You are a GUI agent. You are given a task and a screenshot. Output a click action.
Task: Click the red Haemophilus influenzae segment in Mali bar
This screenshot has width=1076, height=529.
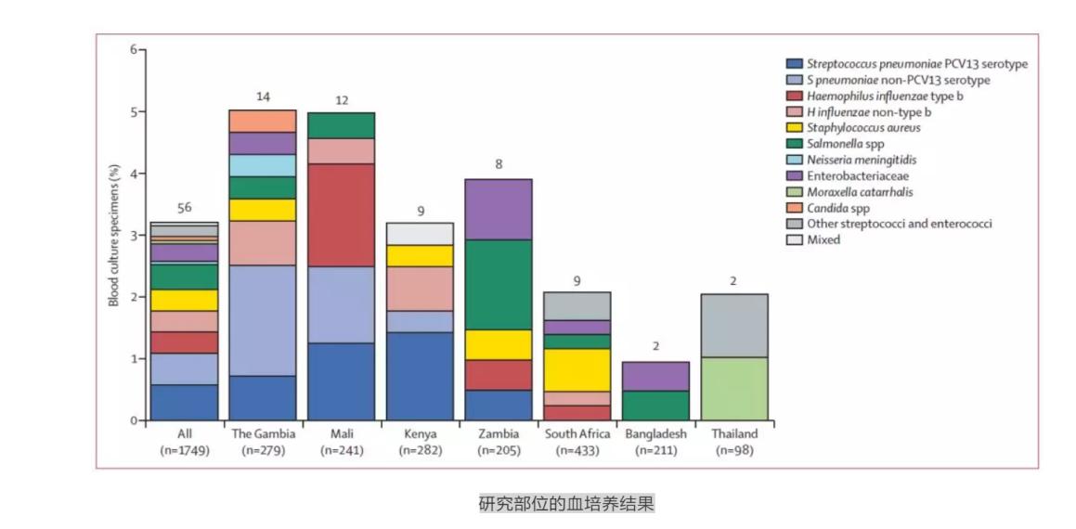tap(341, 214)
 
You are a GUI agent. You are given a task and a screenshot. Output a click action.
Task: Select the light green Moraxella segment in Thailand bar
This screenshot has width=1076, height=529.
tap(733, 388)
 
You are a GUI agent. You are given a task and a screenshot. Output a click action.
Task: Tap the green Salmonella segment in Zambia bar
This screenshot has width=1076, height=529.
tap(498, 284)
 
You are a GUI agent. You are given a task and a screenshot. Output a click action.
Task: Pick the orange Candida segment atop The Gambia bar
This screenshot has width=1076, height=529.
tap(262, 121)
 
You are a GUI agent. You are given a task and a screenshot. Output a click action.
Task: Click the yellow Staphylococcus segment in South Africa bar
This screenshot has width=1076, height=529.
tap(577, 369)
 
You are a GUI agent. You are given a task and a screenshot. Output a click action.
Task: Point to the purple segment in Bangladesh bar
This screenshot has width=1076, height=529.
tap(655, 376)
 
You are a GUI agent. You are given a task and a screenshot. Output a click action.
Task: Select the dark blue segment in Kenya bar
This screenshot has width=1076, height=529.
tap(420, 375)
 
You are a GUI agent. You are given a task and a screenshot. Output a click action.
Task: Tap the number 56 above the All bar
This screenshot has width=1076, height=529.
tap(184, 208)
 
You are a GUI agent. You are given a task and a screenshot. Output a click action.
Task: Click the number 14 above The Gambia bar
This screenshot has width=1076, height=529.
tap(262, 97)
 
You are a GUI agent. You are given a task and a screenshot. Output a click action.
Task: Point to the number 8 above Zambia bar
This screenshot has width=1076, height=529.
tap(498, 165)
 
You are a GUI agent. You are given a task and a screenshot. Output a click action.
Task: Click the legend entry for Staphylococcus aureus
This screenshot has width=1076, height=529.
tap(863, 128)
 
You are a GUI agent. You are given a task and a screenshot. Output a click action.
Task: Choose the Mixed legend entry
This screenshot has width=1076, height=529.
tap(823, 239)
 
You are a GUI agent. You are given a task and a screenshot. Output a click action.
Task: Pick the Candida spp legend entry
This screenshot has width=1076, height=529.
tap(843, 208)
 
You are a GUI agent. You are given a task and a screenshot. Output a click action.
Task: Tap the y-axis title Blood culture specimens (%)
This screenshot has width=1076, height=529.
tap(113, 234)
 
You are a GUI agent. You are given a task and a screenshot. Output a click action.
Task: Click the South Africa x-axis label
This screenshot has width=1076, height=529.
tap(577, 433)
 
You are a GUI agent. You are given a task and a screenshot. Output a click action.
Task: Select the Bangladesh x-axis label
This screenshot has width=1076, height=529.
tap(655, 433)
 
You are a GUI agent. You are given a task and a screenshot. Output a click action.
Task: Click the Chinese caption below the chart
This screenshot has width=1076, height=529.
tap(566, 504)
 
